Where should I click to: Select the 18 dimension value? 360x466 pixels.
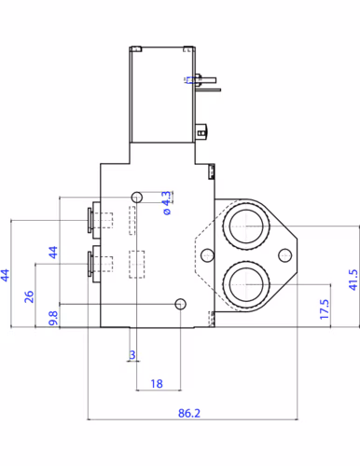[x=157, y=382]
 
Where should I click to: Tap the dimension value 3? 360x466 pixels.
[x=132, y=355]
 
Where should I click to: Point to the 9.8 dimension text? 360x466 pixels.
[x=53, y=316]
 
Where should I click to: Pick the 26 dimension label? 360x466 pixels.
[x=29, y=295]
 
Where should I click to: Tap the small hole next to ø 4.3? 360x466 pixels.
[x=138, y=197]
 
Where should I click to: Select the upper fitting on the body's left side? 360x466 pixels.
[x=90, y=221]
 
